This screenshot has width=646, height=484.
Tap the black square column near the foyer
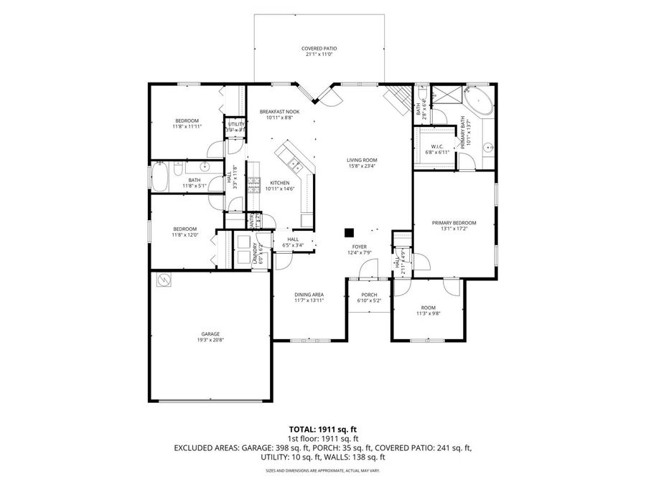[349, 232]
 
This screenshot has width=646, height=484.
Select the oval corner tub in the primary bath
[478, 102]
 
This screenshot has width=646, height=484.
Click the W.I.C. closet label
[436, 148]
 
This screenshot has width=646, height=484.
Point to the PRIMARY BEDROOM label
[454, 223]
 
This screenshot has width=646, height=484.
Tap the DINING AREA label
[309, 295]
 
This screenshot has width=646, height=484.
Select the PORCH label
[369, 295]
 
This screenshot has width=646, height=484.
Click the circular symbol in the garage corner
[164, 280]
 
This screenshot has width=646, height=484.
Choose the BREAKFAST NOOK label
[279, 112]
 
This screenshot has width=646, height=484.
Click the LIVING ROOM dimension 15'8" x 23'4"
[362, 166]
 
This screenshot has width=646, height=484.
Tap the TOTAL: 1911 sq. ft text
[322, 430]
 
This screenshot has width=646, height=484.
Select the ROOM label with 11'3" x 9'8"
[428, 308]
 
